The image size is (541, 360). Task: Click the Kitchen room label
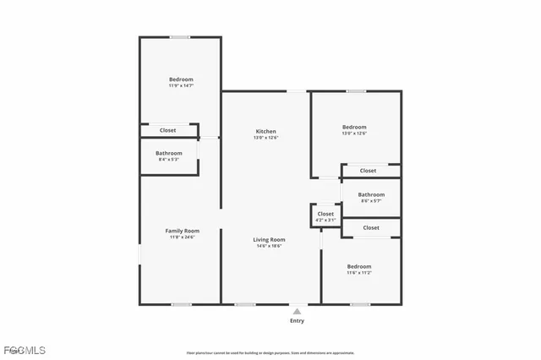tap(266, 131)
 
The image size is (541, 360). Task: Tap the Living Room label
tap(269, 239)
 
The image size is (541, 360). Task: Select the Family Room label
tap(182, 231)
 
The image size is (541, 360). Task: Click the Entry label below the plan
tap(297, 321)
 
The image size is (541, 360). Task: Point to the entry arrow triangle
tap(297, 311)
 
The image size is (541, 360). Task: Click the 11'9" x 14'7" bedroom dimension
tap(181, 85)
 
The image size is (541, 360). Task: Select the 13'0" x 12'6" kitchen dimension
tap(266, 138)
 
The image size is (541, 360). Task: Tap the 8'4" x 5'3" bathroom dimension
tap(169, 160)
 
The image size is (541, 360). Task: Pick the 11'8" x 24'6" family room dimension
tap(182, 237)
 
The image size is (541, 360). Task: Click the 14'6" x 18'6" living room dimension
tap(269, 246)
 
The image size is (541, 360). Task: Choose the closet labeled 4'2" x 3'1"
tap(325, 221)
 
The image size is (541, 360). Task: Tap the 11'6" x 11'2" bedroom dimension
tap(359, 272)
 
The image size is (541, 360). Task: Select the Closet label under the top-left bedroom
tap(168, 130)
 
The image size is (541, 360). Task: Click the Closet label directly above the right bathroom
tap(368, 171)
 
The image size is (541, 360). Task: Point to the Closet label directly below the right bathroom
tap(371, 227)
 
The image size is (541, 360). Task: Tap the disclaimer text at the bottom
tap(270, 352)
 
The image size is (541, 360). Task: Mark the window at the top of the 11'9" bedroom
tap(179, 36)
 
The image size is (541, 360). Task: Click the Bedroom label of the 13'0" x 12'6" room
tap(354, 127)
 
